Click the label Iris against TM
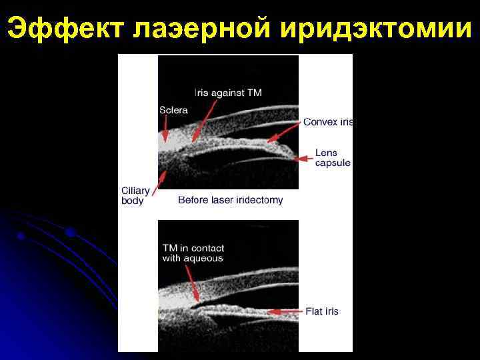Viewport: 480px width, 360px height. coord(228,93)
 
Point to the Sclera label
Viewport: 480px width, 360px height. coord(173,109)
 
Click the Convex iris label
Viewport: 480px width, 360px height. coord(328,122)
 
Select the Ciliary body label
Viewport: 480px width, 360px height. coord(135,195)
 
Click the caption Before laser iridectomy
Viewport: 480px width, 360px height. coord(231,199)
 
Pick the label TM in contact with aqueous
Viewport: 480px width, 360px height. coord(193,253)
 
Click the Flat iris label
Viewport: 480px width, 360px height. coord(322,311)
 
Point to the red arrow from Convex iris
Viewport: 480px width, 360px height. coord(283,131)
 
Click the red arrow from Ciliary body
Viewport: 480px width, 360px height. coord(160,182)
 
